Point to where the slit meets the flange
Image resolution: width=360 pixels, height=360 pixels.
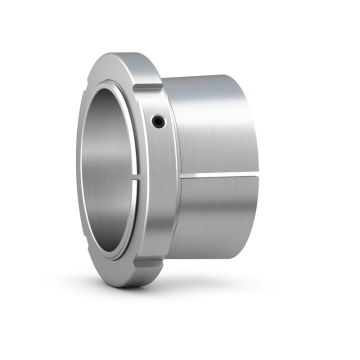pyautogui.click(x=173, y=177)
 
